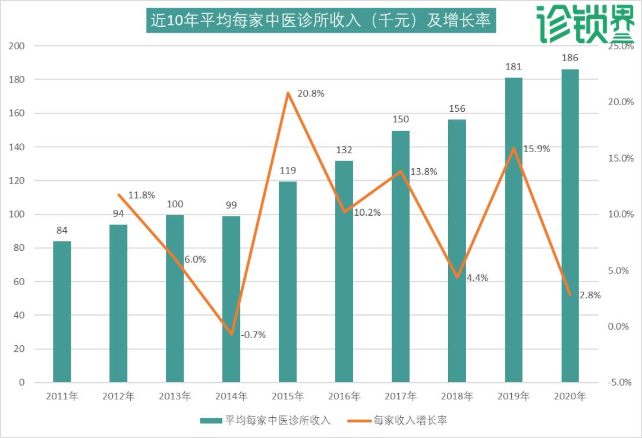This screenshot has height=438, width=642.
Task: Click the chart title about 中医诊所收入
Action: pyautogui.click(x=320, y=21)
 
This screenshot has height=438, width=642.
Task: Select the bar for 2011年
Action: pyautogui.click(x=62, y=311)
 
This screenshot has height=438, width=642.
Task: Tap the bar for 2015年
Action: pyautogui.click(x=288, y=282)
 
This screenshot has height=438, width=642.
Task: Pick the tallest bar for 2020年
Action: pyautogui.click(x=570, y=226)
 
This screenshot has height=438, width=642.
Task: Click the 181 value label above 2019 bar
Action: pyautogui.click(x=514, y=67)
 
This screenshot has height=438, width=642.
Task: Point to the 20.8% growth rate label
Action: pyautogui.click(x=310, y=93)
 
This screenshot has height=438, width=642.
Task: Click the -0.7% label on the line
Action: pyautogui.click(x=253, y=335)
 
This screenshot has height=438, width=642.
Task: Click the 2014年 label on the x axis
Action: pyautogui.click(x=231, y=396)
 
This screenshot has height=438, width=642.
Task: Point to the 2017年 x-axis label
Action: pyautogui.click(x=401, y=396)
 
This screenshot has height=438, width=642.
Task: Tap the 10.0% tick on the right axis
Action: pyautogui.click(x=621, y=214)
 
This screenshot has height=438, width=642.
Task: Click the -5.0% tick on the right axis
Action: pyautogui.click(x=619, y=382)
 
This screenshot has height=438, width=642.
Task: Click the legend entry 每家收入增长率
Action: pyautogui.click(x=410, y=420)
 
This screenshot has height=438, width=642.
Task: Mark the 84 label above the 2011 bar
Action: pyautogui.click(x=62, y=230)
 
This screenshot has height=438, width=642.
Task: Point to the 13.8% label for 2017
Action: pyautogui.click(x=424, y=172)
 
